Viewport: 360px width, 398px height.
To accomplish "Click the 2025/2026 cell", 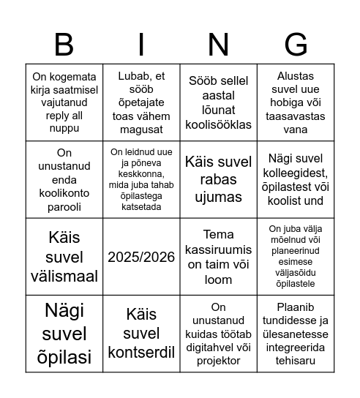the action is coord(141,257).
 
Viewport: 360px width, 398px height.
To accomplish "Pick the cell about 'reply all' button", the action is coord(64,102).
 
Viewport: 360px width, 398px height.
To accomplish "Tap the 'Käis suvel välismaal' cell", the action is coord(64,257).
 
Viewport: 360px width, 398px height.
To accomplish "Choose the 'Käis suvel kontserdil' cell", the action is coord(141,334).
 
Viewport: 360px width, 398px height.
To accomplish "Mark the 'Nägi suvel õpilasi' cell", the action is coord(64,334).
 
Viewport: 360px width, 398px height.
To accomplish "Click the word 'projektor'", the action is coord(219,360).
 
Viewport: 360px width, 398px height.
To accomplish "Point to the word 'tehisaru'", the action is coord(296,360).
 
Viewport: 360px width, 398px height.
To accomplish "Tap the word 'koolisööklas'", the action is coord(219,124).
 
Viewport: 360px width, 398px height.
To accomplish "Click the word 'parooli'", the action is coord(64,207).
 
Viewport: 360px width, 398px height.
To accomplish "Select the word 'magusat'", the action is coord(141,129).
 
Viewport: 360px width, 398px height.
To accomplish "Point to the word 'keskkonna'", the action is coord(141,174).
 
